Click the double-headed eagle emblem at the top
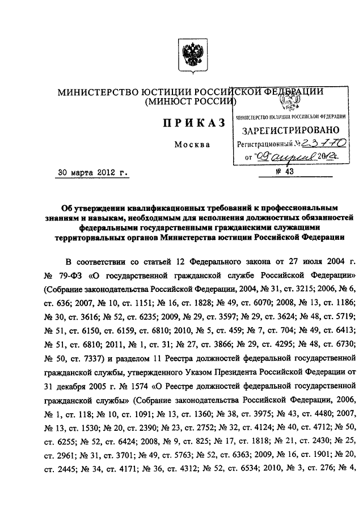pyautogui.click(x=185, y=56)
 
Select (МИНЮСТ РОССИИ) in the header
pyautogui.click(x=190, y=103)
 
